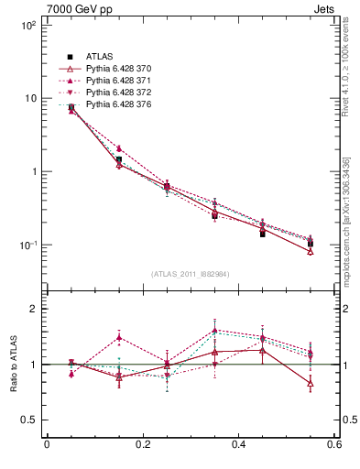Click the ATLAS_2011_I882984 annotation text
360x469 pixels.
190,274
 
